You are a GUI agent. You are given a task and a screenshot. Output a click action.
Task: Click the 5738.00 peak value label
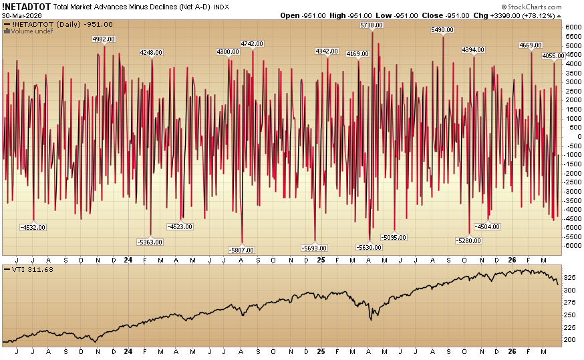372,25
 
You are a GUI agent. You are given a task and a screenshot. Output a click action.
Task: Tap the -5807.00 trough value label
241,250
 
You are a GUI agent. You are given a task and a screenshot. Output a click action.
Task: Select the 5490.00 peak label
443,30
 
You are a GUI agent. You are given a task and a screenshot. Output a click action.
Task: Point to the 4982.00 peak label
104,39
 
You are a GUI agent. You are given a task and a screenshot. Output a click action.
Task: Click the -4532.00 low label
33,227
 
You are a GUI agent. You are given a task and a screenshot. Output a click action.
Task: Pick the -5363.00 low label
150,241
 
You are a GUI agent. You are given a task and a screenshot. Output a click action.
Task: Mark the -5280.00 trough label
468,240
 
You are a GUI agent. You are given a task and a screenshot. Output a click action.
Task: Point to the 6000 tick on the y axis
573,27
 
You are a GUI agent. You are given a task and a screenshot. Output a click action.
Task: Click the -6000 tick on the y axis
571,245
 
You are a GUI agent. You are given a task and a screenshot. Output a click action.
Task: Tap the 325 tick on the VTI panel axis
570,277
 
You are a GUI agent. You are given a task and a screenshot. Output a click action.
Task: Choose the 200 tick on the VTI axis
570,339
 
